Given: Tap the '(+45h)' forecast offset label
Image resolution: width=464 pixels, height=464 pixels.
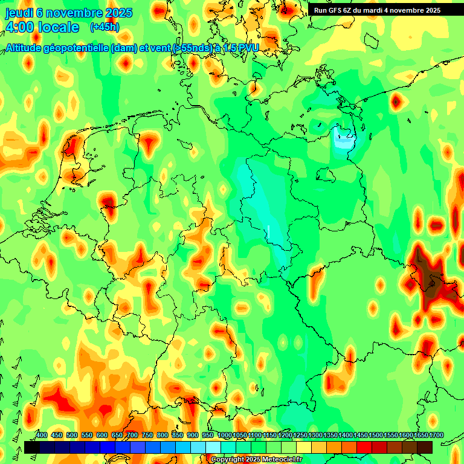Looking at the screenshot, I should (105, 27).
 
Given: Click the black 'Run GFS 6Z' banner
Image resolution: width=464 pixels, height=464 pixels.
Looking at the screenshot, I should (377, 10).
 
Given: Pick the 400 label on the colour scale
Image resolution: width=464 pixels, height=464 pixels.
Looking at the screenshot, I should (42, 436).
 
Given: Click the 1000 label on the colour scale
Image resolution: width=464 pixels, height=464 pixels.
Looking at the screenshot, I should (224, 436).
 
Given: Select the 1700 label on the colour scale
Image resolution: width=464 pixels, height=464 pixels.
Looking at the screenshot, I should (420, 436).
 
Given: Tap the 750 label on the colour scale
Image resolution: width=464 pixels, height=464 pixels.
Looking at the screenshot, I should (147, 436).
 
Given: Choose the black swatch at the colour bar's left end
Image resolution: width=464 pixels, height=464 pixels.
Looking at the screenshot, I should (32, 447).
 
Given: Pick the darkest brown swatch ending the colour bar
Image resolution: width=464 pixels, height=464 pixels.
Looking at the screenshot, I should (425, 447).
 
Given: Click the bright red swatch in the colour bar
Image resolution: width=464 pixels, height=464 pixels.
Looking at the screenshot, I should (364, 447).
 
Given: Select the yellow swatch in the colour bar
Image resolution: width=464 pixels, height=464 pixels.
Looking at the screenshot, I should (304, 447).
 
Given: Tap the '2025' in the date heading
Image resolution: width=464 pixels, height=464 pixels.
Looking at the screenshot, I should (121, 13).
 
